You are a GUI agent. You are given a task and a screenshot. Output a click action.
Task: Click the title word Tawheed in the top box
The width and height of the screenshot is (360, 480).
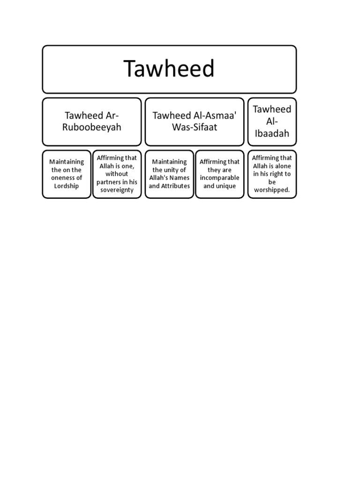[x=169, y=69]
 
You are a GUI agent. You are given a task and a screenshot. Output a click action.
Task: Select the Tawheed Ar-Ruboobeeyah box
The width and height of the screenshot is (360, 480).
[x=92, y=121]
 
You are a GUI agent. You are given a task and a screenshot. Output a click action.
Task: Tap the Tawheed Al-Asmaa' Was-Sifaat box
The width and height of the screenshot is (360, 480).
[x=194, y=121]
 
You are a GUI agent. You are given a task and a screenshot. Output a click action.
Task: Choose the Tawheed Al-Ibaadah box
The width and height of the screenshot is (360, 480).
[x=272, y=121]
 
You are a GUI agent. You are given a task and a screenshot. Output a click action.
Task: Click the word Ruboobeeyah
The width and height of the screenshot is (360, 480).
[x=92, y=127]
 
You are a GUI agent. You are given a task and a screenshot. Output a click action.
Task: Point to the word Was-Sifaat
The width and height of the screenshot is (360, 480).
[x=194, y=127]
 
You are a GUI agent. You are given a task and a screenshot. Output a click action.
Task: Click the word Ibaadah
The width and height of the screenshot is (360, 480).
[x=272, y=134]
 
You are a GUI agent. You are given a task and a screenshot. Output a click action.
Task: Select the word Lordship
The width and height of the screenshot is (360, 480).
[x=67, y=186]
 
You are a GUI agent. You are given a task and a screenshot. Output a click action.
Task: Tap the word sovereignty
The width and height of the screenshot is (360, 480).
[x=117, y=190]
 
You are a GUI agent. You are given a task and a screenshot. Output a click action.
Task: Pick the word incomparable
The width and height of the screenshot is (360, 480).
[x=220, y=178]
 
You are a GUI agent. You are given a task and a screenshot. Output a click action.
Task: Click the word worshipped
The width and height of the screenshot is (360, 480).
[x=271, y=190]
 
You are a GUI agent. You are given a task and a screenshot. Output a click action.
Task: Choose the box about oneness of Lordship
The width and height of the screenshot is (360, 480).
[x=67, y=174]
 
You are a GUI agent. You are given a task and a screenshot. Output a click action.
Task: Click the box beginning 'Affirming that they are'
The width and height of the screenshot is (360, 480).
[x=219, y=174]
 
